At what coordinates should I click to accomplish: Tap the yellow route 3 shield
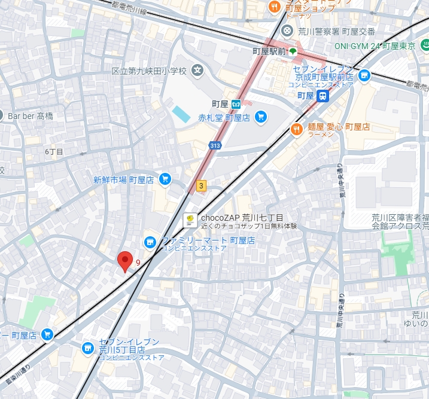201,186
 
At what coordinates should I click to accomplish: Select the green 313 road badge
214,145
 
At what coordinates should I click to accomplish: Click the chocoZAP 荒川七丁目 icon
190,220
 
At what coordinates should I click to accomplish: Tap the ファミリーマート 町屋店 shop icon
150,242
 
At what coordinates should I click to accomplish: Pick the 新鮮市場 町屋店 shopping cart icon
165,179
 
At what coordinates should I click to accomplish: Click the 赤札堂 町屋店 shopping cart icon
260,117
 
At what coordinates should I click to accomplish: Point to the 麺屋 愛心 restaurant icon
296,129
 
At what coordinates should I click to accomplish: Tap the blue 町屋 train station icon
323,96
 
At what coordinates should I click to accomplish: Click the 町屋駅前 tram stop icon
293,52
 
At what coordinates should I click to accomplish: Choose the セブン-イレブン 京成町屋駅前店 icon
363,75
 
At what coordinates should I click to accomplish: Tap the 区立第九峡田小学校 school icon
197,71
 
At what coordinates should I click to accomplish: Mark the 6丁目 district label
54,152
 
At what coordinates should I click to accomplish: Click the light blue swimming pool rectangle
180,113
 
